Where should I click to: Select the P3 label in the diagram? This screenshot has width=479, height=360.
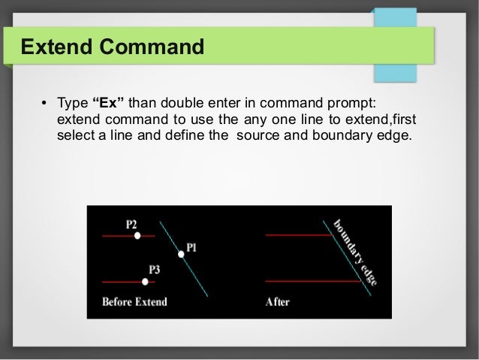pyautogui.click(x=155, y=268)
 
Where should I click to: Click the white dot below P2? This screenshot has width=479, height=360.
pyautogui.click(x=137, y=236)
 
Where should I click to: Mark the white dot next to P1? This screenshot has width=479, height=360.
pyautogui.click(x=181, y=254)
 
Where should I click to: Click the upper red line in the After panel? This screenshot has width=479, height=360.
pyautogui.click(x=297, y=235)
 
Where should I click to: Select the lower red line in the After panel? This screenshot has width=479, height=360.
pyautogui.click(x=308, y=281)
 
